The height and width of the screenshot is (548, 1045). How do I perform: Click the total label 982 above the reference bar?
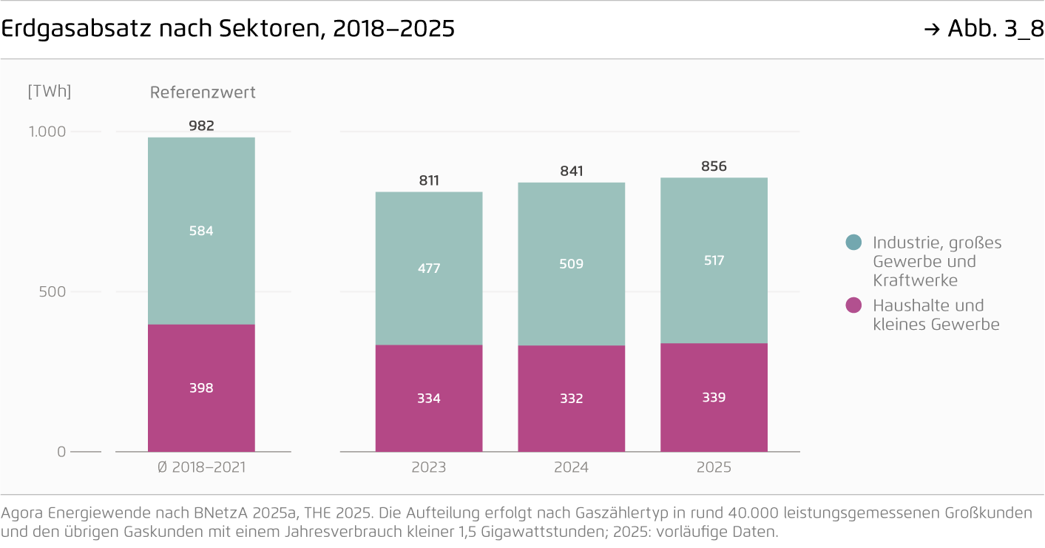click(x=201, y=126)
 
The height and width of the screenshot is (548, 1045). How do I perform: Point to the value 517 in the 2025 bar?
click(x=714, y=260)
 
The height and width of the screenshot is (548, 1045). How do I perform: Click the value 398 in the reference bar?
click(x=201, y=388)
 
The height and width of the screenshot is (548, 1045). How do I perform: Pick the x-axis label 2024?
click(x=571, y=467)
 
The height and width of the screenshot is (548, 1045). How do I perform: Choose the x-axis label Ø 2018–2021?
click(x=201, y=467)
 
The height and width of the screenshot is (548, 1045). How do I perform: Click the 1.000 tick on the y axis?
click(x=47, y=132)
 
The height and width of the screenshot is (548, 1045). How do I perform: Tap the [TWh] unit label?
click(x=49, y=92)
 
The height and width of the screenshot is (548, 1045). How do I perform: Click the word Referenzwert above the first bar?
click(x=203, y=92)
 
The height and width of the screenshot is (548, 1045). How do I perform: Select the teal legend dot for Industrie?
click(x=853, y=242)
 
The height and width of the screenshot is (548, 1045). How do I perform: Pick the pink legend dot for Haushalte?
click(x=853, y=305)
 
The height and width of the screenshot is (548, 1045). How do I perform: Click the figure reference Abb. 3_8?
click(x=995, y=29)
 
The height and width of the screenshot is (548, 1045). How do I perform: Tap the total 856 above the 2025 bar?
click(x=714, y=166)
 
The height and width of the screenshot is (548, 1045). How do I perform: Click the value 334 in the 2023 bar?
click(x=429, y=399)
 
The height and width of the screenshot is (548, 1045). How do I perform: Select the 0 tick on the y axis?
click(x=61, y=452)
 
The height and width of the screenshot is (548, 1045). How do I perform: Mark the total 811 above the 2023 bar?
click(x=429, y=180)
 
